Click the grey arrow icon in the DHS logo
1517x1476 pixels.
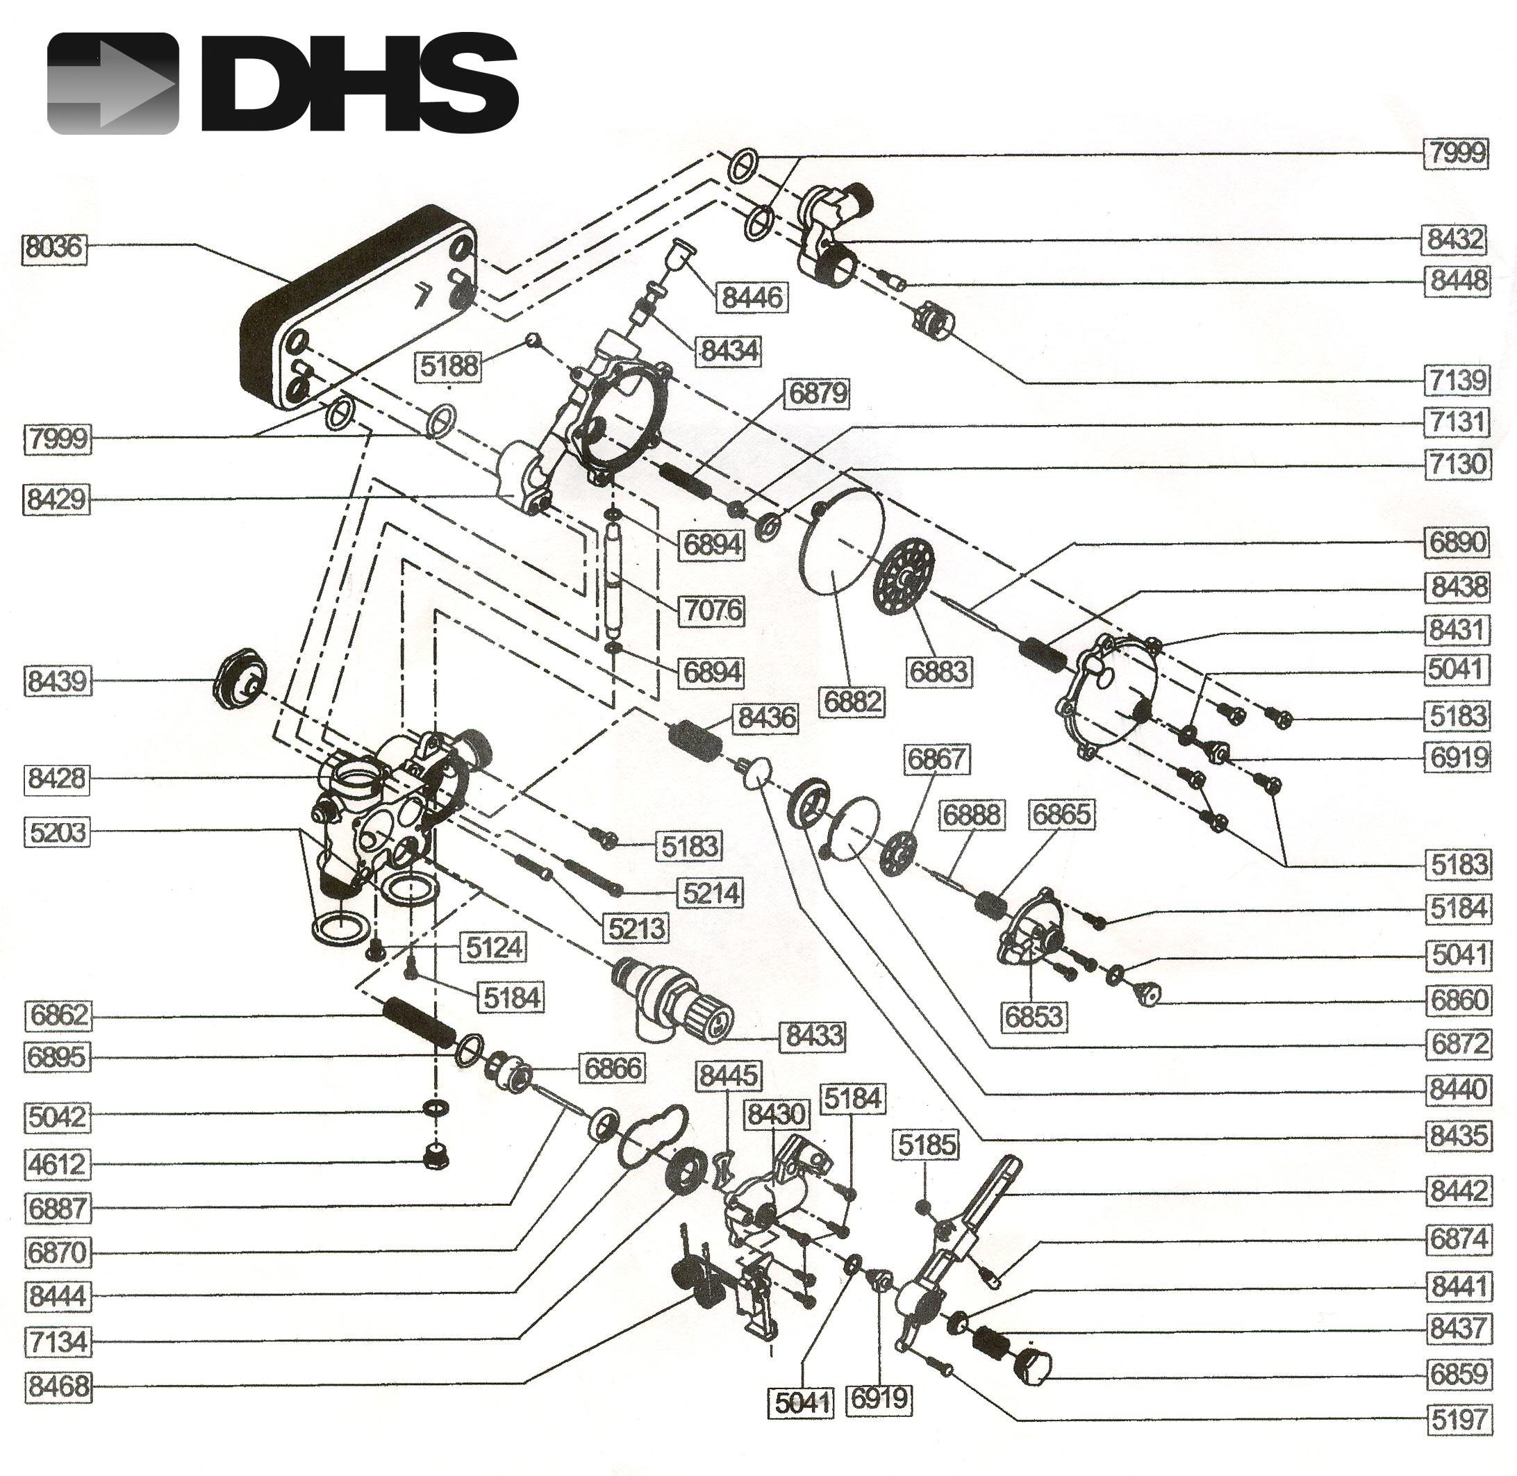[113, 83]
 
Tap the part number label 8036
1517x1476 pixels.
[53, 247]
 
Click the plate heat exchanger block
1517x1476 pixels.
[356, 310]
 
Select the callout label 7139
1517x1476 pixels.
[1458, 380]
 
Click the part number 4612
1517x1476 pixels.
[58, 1163]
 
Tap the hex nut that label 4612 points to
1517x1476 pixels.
[436, 1157]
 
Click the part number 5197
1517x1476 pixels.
[1459, 1420]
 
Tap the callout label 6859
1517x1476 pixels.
[1459, 1375]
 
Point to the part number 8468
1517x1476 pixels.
[58, 1385]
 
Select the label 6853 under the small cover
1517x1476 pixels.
[1034, 1015]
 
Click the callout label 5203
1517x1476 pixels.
[58, 832]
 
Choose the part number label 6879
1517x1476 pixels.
[818, 393]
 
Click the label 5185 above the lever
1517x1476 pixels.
[927, 1143]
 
